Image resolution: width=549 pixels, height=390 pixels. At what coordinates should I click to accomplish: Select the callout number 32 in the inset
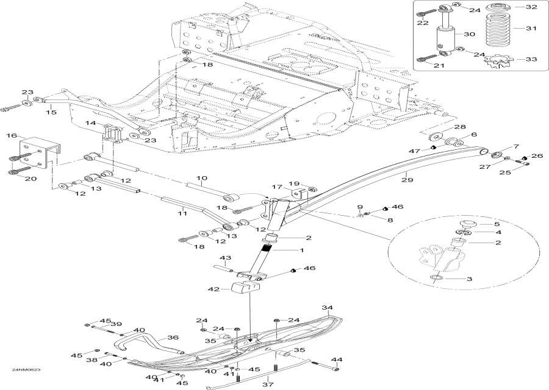pos(531,7)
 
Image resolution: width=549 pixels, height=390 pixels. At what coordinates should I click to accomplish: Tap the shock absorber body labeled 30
pos(446,38)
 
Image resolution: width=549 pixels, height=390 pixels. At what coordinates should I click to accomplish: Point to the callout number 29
pos(407,180)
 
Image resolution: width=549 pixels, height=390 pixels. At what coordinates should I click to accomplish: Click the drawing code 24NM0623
pos(24,370)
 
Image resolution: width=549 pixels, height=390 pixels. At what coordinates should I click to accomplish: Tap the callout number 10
pos(202,178)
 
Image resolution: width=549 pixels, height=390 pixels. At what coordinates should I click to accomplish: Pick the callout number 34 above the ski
pos(327,308)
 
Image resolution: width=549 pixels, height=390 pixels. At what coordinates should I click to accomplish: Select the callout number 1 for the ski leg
pos(301,250)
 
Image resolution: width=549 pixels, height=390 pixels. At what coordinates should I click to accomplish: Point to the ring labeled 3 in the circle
pos(436,278)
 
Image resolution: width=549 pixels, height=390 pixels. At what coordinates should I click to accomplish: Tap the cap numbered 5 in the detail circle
pos(467,224)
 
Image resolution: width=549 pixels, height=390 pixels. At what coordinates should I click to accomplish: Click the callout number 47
pos(415,151)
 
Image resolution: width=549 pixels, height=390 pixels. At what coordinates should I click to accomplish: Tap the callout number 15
pos(51,112)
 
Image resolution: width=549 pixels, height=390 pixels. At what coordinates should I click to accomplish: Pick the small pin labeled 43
pos(224,269)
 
